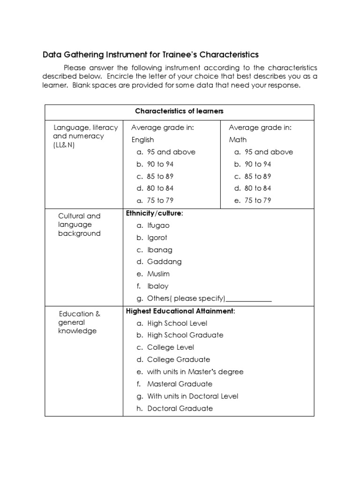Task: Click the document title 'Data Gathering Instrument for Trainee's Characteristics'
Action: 150,54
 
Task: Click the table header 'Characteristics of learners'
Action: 180,111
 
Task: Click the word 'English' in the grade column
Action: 142,140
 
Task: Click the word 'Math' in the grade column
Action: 238,140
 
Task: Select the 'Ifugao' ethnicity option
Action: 158,225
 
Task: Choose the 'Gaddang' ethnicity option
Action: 164,262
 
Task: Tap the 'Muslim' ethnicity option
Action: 158,274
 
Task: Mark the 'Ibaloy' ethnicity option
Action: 157,286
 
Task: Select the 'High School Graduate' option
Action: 185,335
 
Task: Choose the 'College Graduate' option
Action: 179,360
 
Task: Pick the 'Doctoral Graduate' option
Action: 180,408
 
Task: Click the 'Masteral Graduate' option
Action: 180,384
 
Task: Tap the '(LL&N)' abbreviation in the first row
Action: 64,145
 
